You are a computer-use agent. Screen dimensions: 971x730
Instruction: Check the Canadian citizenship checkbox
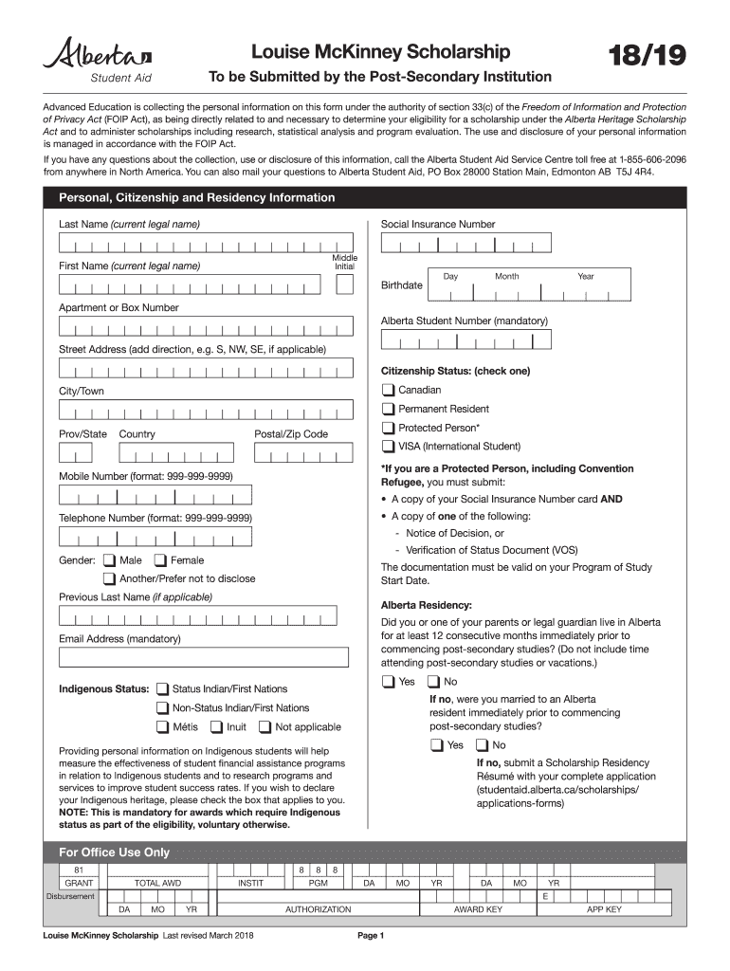pos(389,390)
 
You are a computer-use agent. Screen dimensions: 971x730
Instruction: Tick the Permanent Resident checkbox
pos(389,409)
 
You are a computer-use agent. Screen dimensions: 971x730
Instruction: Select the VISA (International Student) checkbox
pos(389,447)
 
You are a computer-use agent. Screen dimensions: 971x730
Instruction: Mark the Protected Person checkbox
pos(389,428)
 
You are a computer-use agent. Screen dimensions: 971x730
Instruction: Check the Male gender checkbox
pos(110,560)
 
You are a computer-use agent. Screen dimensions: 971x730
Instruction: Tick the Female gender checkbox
pos(160,560)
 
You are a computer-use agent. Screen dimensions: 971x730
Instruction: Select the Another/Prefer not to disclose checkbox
pos(110,578)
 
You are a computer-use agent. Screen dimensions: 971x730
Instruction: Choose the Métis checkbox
pos(163,727)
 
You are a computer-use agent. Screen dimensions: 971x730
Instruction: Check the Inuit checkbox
pos(217,727)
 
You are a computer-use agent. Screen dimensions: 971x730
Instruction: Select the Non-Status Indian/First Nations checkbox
pos(163,708)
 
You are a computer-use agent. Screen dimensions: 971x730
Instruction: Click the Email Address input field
pos(203,657)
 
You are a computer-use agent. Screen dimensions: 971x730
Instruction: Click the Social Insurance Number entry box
pos(465,245)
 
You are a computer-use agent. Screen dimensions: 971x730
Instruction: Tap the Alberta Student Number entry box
pos(465,340)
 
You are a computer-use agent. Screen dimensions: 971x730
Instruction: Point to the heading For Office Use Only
pos(115,852)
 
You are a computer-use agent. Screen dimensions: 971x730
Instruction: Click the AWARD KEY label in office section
pos(479,909)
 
